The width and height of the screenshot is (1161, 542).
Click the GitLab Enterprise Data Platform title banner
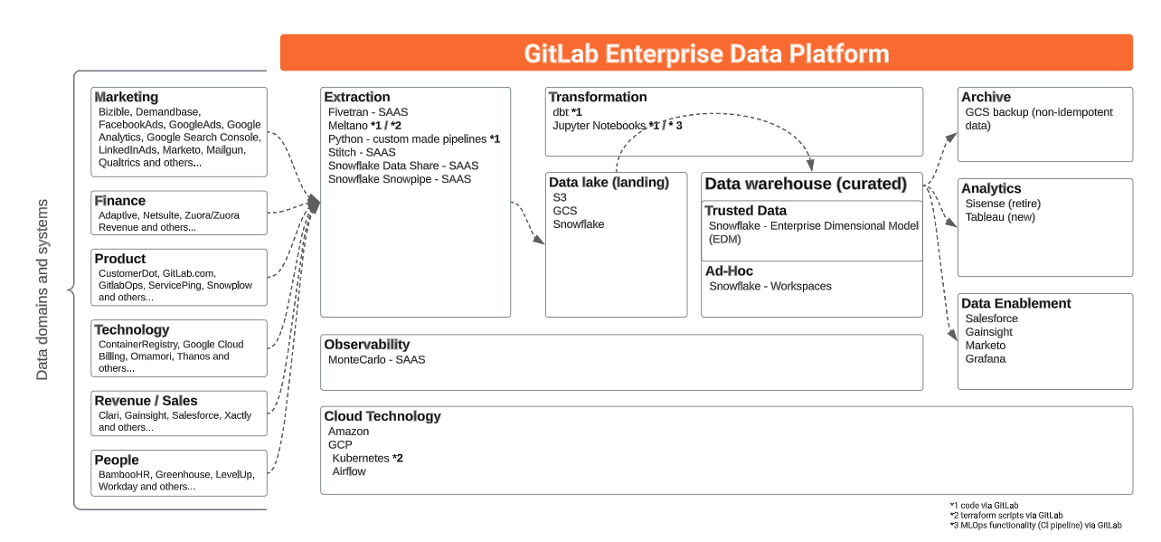pos(706,53)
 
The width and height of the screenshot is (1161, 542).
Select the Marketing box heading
pos(127,97)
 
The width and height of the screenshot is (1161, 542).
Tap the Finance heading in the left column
pos(120,201)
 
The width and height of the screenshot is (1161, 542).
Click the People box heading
pos(117,460)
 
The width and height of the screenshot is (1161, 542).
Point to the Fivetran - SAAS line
pos(368,111)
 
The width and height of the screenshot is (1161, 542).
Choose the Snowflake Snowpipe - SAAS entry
pos(400,179)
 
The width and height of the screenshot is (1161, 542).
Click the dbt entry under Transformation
pos(567,111)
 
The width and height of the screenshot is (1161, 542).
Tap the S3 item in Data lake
pos(560,197)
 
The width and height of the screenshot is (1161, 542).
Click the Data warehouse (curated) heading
pos(805,184)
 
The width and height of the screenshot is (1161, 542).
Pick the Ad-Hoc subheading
pos(729,271)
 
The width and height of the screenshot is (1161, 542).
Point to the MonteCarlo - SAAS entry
pos(376,359)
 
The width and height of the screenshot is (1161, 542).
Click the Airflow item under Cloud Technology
pos(349,471)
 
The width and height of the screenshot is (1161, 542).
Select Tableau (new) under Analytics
pos(1000,217)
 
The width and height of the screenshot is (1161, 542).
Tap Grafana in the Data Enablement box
pos(986,359)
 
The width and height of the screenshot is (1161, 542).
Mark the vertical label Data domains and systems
pos(42,290)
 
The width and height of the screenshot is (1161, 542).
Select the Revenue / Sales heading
pos(146,401)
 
